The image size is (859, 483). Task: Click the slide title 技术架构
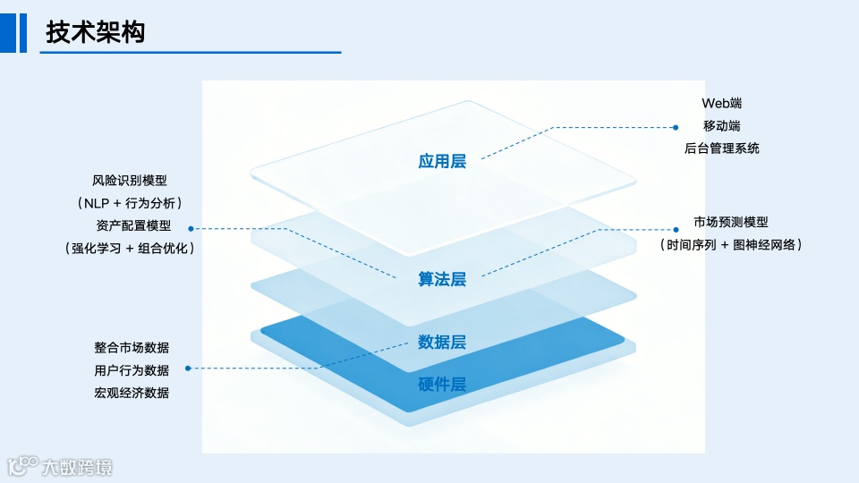pos(96,32)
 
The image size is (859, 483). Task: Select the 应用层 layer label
pos(442,161)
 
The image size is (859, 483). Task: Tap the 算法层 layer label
pos(442,279)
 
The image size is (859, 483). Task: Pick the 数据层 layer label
pos(442,342)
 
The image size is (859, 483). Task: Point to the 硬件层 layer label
pos(442,385)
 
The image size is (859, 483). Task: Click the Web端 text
pos(721,104)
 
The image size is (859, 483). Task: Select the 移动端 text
pos(721,126)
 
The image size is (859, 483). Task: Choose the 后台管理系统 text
pos(721,148)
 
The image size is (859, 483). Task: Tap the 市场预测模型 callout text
pos(730,222)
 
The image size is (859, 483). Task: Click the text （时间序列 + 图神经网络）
pos(730,244)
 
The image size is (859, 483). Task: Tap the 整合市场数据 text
pos(132,347)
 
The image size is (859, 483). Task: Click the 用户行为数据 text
pos(132,369)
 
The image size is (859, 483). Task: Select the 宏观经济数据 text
pos(132,393)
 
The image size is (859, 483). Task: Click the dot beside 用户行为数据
pos(188,368)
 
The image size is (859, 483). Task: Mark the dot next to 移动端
pos(677,126)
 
